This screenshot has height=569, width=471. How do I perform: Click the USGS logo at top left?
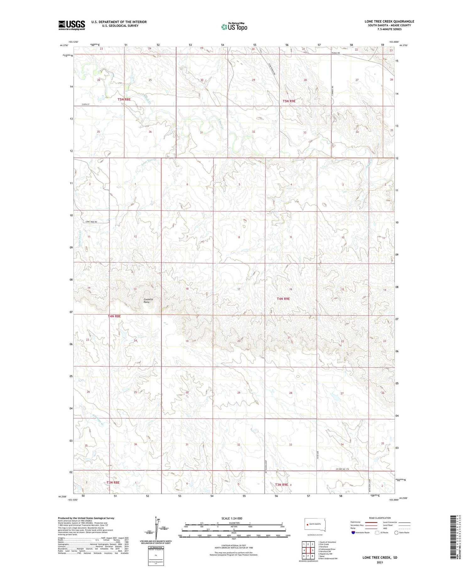(72, 25)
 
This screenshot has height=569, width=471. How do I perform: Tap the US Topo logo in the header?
(234, 27)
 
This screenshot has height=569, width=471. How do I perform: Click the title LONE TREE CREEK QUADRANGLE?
(389, 21)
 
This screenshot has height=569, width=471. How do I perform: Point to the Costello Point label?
(148, 301)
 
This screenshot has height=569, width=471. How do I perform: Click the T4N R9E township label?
(283, 299)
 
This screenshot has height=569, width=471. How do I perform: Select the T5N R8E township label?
(124, 99)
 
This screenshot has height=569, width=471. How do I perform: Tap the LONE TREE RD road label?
(91, 222)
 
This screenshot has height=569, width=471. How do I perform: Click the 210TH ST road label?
(85, 105)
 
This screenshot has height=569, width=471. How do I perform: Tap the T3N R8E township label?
(113, 482)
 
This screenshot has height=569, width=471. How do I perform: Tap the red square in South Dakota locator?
(308, 524)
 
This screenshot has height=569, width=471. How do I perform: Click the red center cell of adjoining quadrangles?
(308, 550)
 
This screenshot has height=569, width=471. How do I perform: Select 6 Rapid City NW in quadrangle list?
(325, 554)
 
